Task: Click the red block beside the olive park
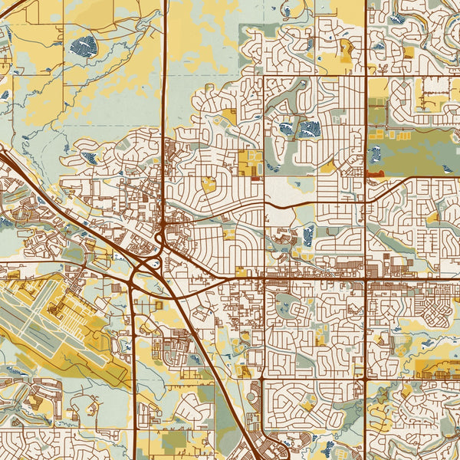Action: tap(375, 174)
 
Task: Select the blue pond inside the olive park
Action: tap(375, 153)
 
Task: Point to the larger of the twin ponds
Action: tap(309, 128)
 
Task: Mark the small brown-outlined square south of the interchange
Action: tap(159, 305)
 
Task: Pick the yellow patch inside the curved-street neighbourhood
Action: tap(208, 183)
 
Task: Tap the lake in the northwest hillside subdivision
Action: tap(90, 158)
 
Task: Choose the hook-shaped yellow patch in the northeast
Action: tap(346, 51)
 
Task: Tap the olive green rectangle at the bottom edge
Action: tap(173, 440)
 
